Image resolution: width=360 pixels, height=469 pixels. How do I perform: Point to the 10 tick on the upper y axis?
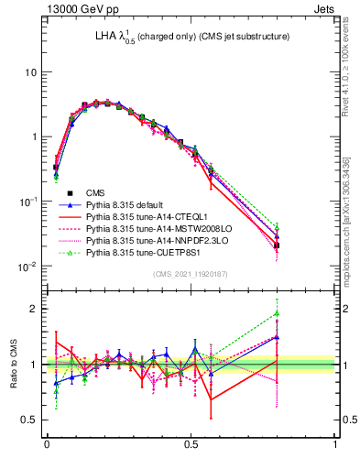click(30, 72)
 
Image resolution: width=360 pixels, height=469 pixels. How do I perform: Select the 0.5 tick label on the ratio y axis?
click(30, 420)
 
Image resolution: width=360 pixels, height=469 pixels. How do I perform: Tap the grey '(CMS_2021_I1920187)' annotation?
click(191, 275)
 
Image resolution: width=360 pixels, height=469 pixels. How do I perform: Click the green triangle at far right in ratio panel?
click(327, 313)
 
